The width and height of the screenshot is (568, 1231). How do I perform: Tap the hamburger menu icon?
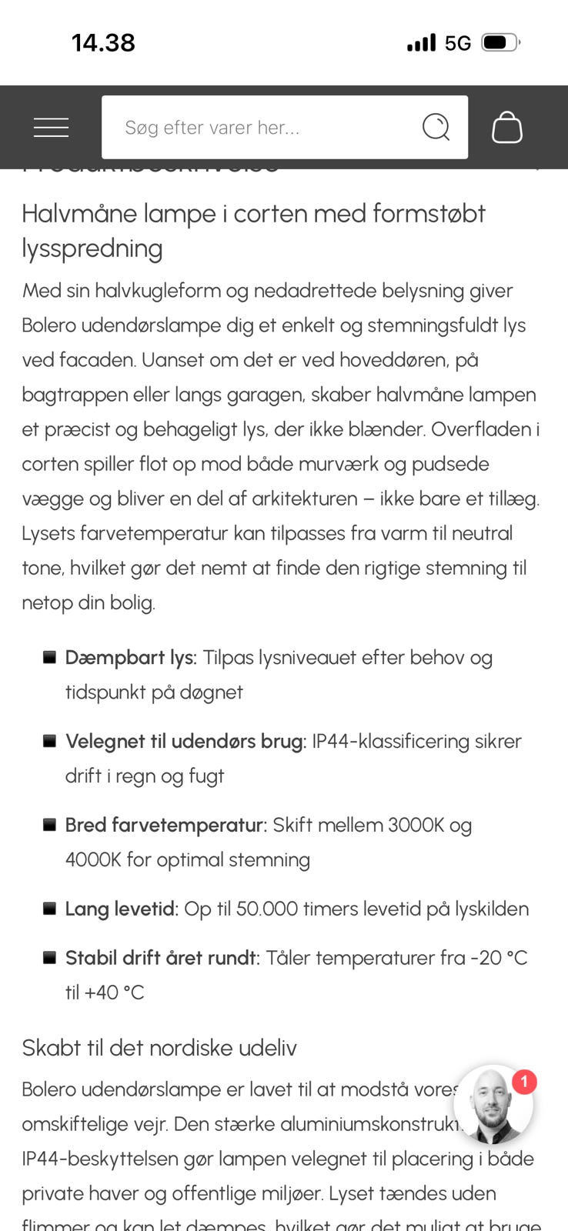click(x=51, y=128)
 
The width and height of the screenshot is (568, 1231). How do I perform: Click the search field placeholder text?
click(x=212, y=128)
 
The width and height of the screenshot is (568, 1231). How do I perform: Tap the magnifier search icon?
click(x=436, y=127)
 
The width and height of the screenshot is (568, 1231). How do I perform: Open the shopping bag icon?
click(x=507, y=127)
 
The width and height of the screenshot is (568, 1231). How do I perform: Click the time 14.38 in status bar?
click(x=103, y=43)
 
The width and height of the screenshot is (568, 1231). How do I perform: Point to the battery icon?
click(x=500, y=42)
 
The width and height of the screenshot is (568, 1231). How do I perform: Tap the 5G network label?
click(x=458, y=43)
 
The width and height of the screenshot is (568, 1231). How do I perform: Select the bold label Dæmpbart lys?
click(x=131, y=658)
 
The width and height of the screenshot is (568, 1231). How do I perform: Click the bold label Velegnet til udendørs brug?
click(x=185, y=742)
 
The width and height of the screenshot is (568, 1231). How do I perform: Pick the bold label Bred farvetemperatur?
click(x=165, y=826)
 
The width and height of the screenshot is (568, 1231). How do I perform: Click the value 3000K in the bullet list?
click(x=416, y=826)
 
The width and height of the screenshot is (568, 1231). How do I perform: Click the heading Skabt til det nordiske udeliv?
click(x=159, y=1048)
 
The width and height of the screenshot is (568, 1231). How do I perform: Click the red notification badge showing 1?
click(x=524, y=1083)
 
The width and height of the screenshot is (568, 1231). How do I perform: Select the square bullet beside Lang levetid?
click(x=49, y=909)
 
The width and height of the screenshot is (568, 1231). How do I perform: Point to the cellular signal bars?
click(x=421, y=42)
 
